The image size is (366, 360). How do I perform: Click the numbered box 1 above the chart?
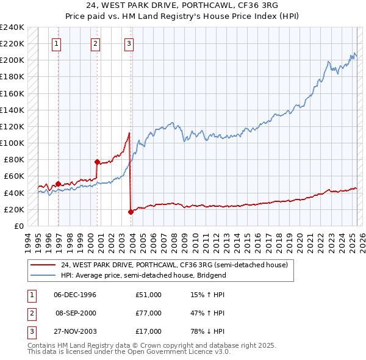coord(56,43)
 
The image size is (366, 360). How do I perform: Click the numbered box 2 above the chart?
coord(96,43)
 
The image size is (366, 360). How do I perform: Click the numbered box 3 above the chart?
coord(130,43)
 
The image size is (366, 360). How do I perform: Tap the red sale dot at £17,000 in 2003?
coord(131,212)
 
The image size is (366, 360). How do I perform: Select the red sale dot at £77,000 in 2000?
coord(97,162)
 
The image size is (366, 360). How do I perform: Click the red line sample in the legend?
coord(43,265)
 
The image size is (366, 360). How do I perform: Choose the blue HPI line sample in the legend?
coord(43,275)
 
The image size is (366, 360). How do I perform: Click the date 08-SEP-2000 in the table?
coord(76,313)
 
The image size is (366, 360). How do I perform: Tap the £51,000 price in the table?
coord(148,295)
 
